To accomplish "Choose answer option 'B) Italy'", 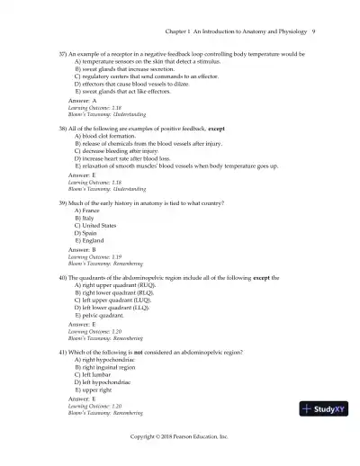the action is coord(85,218).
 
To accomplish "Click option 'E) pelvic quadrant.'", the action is coord(104,316).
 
